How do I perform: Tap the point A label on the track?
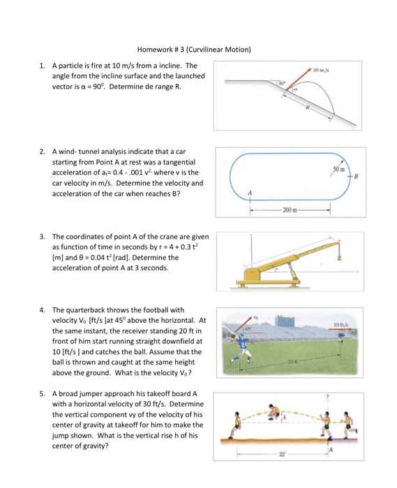(250, 193)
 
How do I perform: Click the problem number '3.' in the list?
(43, 236)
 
